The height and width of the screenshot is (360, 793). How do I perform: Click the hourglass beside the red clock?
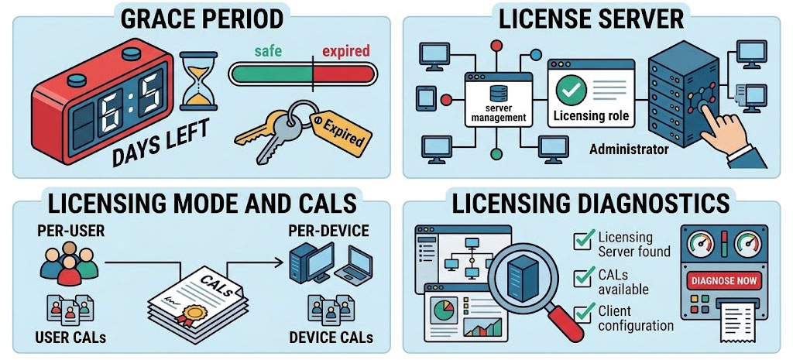point(198,81)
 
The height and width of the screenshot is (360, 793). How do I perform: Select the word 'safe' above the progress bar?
point(269,51)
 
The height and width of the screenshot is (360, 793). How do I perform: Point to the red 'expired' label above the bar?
point(346,52)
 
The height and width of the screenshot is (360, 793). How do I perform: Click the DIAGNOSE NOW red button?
point(724,279)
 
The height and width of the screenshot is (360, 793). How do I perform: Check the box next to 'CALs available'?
point(584,277)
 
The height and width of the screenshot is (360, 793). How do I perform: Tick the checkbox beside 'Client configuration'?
point(584,313)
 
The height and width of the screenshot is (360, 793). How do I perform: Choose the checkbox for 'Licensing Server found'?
point(584,240)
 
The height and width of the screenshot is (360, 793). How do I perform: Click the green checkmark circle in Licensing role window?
point(571,90)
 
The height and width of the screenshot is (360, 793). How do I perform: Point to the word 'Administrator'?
point(629,149)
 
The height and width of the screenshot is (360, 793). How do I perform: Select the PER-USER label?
point(70,231)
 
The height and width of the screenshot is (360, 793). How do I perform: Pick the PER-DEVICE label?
point(328,231)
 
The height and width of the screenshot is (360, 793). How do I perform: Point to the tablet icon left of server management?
point(426,98)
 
